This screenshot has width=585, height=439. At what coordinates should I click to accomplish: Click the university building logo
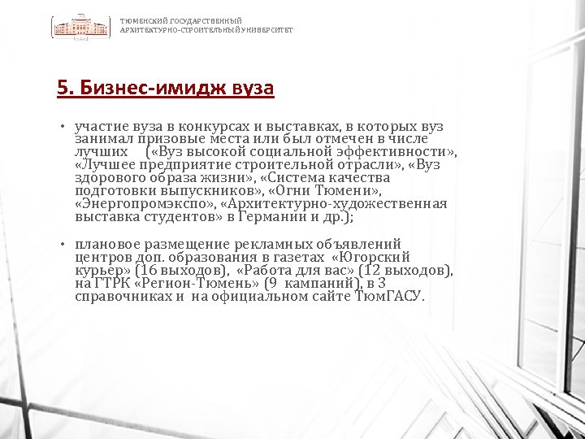pyautogui.click(x=81, y=28)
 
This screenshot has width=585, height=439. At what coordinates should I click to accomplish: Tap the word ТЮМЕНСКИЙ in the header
pyautogui.click(x=138, y=20)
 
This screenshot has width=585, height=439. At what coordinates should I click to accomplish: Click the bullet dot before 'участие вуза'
pyautogui.click(x=62, y=128)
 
